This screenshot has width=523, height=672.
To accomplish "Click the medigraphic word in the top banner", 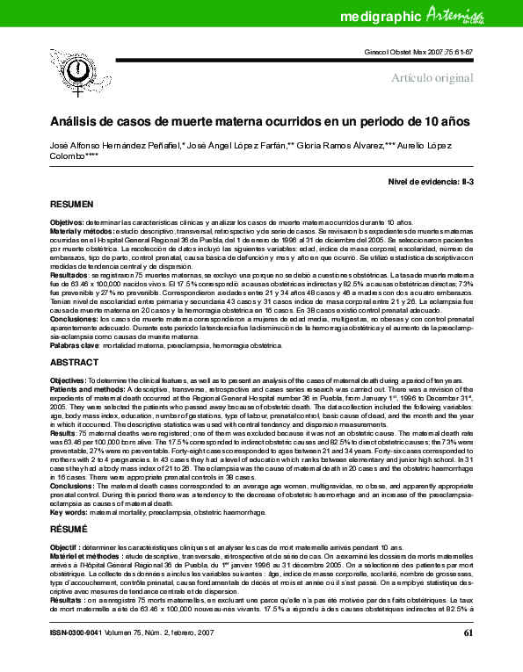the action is pyautogui.click(x=376, y=16).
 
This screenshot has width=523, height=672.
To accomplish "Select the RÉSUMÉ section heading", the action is pyautogui.click(x=69, y=505).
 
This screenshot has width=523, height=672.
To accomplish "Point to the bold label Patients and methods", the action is pyautogui.click(x=91, y=387).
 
